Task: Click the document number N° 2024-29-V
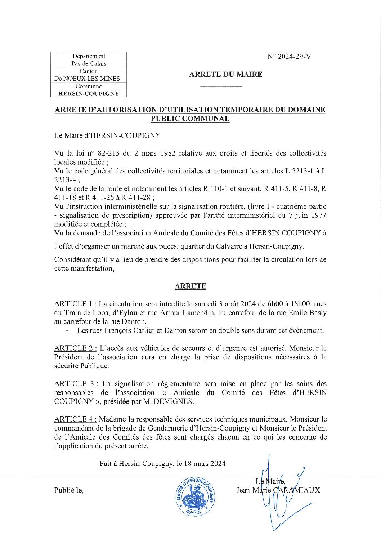(x=289, y=57)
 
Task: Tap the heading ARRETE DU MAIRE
(x=226, y=74)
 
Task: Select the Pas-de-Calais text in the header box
(x=89, y=63)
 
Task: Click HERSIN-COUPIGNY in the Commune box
(x=89, y=93)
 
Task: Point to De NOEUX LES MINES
(x=87, y=79)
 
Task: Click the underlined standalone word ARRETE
(x=190, y=286)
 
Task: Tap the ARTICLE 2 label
(x=75, y=348)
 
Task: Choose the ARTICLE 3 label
(x=76, y=384)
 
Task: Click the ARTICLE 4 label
(x=75, y=419)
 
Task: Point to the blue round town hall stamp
(x=195, y=496)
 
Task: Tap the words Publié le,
(x=69, y=490)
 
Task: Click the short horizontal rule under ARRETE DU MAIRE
(x=220, y=87)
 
